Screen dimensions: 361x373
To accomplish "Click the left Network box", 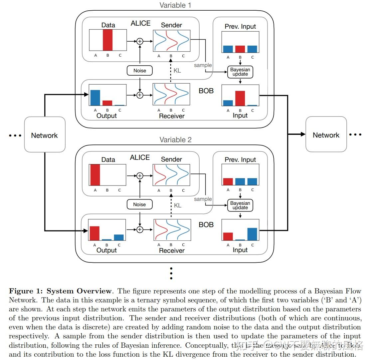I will click(x=45, y=135).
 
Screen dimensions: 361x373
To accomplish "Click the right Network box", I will click(x=326, y=135).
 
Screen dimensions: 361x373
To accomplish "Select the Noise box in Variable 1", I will click(x=140, y=71).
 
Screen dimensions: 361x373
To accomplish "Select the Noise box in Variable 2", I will click(x=139, y=204).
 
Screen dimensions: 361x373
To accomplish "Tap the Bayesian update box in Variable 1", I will click(x=240, y=72).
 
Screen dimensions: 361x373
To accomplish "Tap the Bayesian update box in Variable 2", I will click(x=240, y=205).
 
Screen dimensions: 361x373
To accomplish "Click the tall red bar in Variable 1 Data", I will click(x=107, y=40).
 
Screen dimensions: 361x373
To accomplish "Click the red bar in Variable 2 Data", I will click(x=95, y=175).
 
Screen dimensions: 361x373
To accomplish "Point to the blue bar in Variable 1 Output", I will click(x=95, y=98).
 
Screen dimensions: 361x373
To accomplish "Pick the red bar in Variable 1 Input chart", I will click(x=240, y=98).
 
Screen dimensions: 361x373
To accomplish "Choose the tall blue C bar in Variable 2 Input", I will click(x=252, y=234).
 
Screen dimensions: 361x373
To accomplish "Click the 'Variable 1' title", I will click(x=175, y=5).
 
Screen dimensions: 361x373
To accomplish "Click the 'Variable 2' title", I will click(x=175, y=140).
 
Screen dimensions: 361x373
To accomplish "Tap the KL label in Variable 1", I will click(x=177, y=71).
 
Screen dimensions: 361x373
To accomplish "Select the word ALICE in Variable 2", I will click(x=140, y=158).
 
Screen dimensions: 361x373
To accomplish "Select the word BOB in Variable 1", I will click(x=206, y=91).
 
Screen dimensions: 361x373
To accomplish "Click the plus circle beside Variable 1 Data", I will click(x=140, y=41).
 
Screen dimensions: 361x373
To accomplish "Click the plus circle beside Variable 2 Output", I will click(x=140, y=229).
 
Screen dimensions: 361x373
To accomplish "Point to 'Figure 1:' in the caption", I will click(x=26, y=291).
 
